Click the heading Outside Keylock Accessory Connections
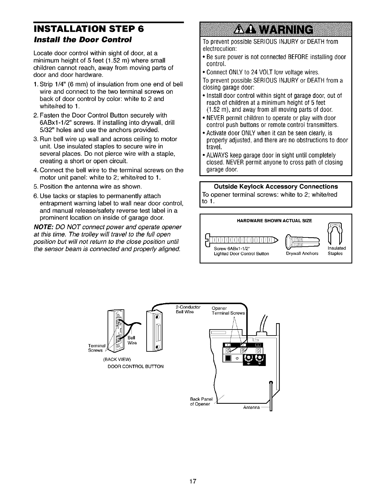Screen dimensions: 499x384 point(276,186)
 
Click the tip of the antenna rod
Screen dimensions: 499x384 point(271,382)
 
